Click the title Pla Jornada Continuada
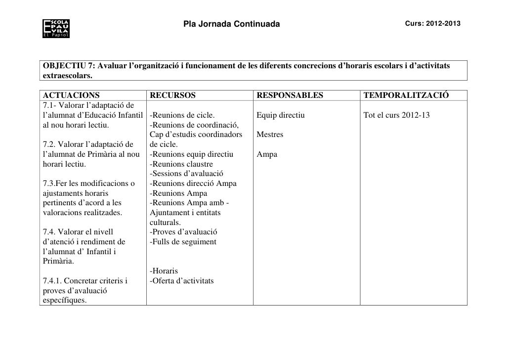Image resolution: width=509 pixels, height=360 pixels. pyautogui.click(x=231, y=24)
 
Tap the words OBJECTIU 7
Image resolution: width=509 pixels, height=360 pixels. pyautogui.click(x=67, y=67)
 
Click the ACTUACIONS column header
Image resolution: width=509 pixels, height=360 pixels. pyautogui.click(x=71, y=95)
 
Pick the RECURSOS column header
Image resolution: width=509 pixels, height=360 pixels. pyautogui.click(x=173, y=95)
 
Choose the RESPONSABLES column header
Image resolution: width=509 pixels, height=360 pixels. pyautogui.click(x=290, y=95)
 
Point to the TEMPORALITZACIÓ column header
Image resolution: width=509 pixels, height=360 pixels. pyautogui.click(x=406, y=95)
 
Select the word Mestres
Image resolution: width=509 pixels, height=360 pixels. pyautogui.click(x=270, y=135)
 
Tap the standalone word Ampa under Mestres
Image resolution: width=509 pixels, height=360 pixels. pyautogui.click(x=267, y=154)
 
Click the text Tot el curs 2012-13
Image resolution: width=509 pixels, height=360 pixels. pyautogui.click(x=396, y=115)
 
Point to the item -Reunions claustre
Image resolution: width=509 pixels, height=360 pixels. pyautogui.click(x=181, y=164)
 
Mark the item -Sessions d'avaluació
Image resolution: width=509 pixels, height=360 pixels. pyautogui.click(x=187, y=174)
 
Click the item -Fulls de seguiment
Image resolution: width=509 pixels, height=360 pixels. pyautogui.click(x=183, y=242)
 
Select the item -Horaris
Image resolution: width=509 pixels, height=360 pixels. pyautogui.click(x=164, y=271)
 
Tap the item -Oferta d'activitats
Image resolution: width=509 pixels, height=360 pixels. pyautogui.click(x=182, y=281)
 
